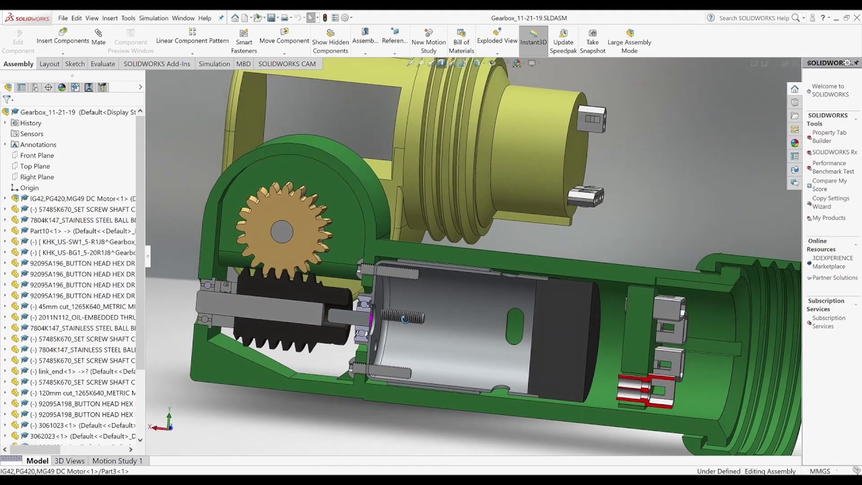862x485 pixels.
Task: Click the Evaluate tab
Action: coord(103,63)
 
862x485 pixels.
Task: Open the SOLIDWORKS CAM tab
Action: coord(286,63)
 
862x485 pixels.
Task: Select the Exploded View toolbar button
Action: coord(497,37)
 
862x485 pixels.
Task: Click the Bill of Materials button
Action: coord(461,42)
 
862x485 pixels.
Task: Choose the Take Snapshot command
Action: coord(593,42)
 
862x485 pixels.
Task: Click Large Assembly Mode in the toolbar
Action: coord(629,42)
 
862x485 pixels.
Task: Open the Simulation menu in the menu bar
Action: coord(154,18)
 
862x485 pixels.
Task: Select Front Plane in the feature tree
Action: coord(37,156)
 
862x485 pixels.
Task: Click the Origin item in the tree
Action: coord(29,188)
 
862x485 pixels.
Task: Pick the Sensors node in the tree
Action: coord(31,134)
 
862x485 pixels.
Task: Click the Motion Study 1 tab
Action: coord(117,461)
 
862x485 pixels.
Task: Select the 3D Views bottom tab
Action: coord(69,461)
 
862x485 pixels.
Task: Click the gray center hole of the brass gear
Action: coord(282,232)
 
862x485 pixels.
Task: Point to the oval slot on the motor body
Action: coord(515,326)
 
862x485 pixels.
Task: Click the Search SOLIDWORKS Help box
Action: coord(753,18)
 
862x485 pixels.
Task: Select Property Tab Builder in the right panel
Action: coord(829,137)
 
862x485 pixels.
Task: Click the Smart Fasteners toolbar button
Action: coord(244,42)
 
